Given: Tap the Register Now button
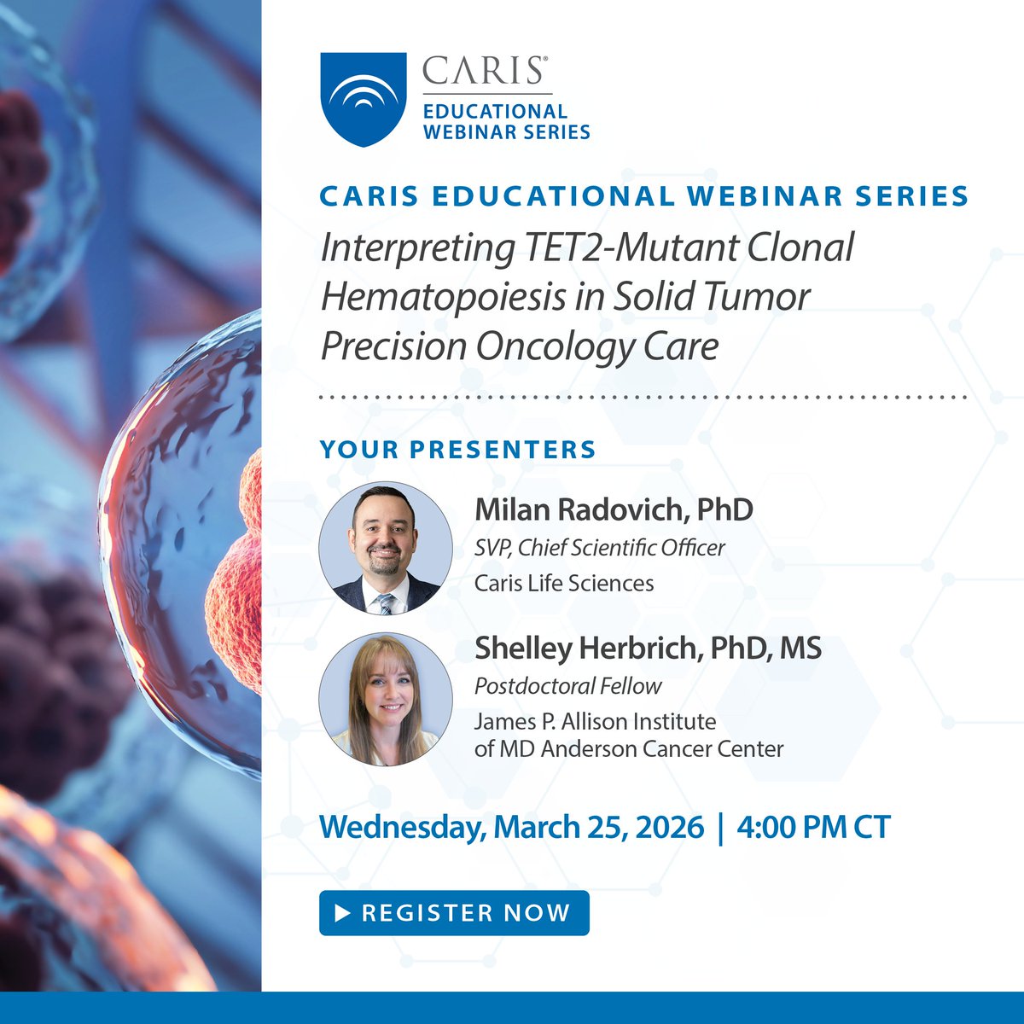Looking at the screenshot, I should (x=454, y=912).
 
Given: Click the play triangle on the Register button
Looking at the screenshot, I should (x=343, y=913).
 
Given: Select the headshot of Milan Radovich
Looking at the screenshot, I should (x=386, y=548).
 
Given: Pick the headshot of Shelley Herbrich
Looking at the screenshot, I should (x=386, y=699).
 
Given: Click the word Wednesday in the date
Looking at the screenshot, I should (x=401, y=827).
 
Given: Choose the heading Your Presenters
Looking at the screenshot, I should (x=457, y=450).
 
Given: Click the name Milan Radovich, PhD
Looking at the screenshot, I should (x=614, y=509).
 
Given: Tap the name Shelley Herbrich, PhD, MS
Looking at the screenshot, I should (x=648, y=648).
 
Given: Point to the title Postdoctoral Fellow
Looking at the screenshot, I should (x=567, y=686).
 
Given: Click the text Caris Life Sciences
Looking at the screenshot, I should (x=564, y=584).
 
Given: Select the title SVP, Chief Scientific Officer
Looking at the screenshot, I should (x=599, y=548).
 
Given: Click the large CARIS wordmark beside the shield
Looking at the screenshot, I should (x=484, y=71).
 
